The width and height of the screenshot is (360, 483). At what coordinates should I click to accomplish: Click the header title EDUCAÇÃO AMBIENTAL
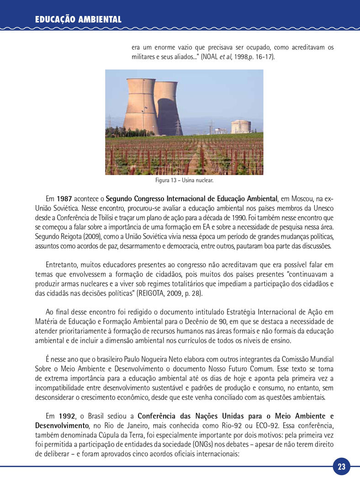78,19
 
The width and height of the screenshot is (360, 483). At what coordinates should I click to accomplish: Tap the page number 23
342,467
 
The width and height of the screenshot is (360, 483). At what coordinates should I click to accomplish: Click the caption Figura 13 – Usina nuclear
184,180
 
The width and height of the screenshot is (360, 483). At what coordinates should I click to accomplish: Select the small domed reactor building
240,127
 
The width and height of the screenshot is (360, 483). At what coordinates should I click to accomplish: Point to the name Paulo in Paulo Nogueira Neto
154,359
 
